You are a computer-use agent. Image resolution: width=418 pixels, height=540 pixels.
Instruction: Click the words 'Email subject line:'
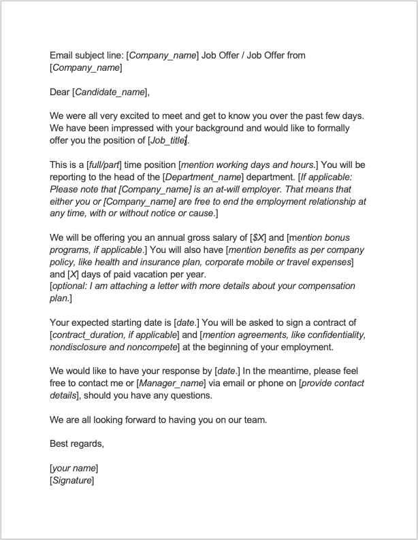coord(86,55)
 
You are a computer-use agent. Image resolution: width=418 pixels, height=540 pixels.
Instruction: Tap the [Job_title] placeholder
coord(167,141)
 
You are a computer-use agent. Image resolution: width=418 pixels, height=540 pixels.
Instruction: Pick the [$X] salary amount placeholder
coord(258,239)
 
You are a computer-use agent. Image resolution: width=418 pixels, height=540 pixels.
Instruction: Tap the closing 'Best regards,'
coord(77,444)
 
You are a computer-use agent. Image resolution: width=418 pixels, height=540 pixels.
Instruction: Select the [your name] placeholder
coord(74,469)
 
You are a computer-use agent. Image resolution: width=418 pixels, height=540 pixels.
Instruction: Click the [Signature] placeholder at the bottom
coord(72,481)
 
